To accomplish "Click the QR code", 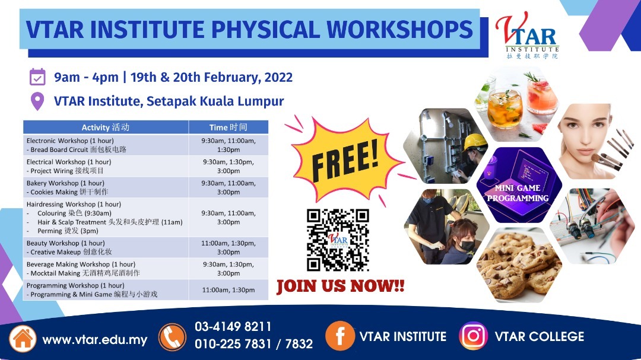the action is point(338,240).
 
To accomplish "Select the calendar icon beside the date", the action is point(37,77).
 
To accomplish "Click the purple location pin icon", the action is point(37,101).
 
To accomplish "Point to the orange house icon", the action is point(23,338).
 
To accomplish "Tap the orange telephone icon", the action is point(172,337).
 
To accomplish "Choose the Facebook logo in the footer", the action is point(339,336).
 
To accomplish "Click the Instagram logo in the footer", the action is point(474,336).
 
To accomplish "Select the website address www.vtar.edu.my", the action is point(95,340).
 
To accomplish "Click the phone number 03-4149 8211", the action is point(233,327).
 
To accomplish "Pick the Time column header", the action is point(229,127).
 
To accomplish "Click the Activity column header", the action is point(106,127).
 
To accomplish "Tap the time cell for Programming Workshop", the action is point(229,289).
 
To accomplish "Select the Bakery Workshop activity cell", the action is point(106,187).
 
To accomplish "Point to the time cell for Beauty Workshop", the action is point(229,248).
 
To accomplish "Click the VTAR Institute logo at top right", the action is point(528,36).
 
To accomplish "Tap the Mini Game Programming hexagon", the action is point(519,185).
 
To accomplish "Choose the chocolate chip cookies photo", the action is point(519,265).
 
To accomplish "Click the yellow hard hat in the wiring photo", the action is point(475,142).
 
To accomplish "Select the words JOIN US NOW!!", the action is point(341,286).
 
